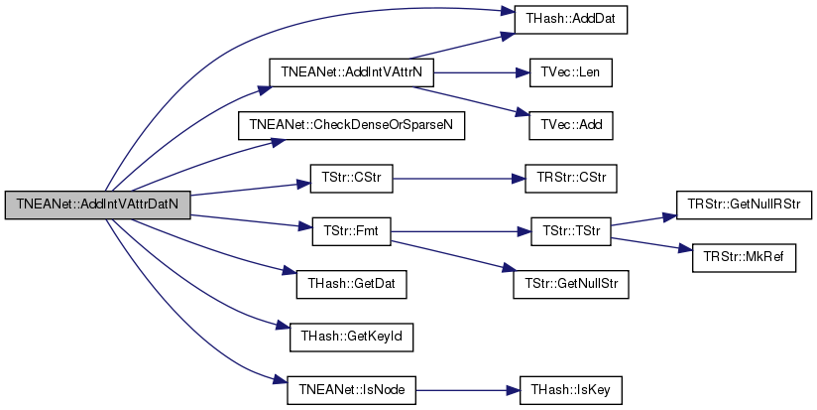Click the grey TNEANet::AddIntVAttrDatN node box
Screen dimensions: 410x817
(97, 205)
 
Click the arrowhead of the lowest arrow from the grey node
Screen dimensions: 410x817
(281, 379)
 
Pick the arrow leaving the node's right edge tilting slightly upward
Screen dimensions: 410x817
(248, 189)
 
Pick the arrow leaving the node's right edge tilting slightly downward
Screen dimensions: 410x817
(248, 220)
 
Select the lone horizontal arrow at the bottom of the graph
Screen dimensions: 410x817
(466, 390)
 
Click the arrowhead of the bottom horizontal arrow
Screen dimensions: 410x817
(515, 390)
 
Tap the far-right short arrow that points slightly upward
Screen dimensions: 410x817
(642, 220)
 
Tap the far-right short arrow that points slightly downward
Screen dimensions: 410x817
(649, 243)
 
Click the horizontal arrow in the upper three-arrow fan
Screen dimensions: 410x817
(481, 72)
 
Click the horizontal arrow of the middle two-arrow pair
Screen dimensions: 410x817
(461, 231)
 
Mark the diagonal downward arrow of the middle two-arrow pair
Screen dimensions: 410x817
(451, 254)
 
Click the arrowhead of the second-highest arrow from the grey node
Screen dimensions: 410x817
(266, 89)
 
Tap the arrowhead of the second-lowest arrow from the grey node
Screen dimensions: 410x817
(284, 326)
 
